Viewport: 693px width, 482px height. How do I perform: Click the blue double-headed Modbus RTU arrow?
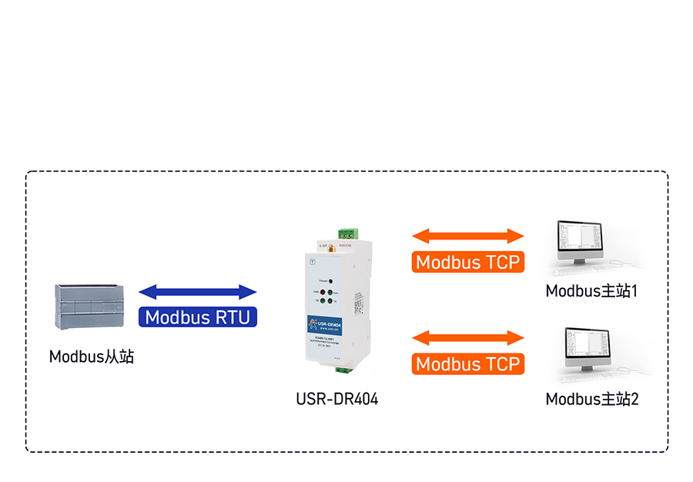pyautogui.click(x=198, y=292)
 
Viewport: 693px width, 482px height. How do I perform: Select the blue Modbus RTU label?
pyautogui.click(x=198, y=316)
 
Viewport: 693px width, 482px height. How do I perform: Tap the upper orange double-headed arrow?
pyautogui.click(x=468, y=236)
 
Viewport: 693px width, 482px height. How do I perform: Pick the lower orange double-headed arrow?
pyautogui.click(x=468, y=337)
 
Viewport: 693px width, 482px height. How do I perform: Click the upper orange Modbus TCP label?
pyautogui.click(x=468, y=262)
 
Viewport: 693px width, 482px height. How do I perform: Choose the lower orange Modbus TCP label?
pyautogui.click(x=468, y=363)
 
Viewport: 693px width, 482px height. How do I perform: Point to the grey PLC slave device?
pyautogui.click(x=90, y=306)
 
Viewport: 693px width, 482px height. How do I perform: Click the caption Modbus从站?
pyautogui.click(x=92, y=356)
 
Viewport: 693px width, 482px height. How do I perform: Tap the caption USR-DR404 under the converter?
pyautogui.click(x=337, y=399)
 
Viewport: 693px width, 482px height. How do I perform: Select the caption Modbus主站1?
pyautogui.click(x=592, y=291)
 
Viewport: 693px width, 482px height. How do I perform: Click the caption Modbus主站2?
pyautogui.click(x=592, y=399)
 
